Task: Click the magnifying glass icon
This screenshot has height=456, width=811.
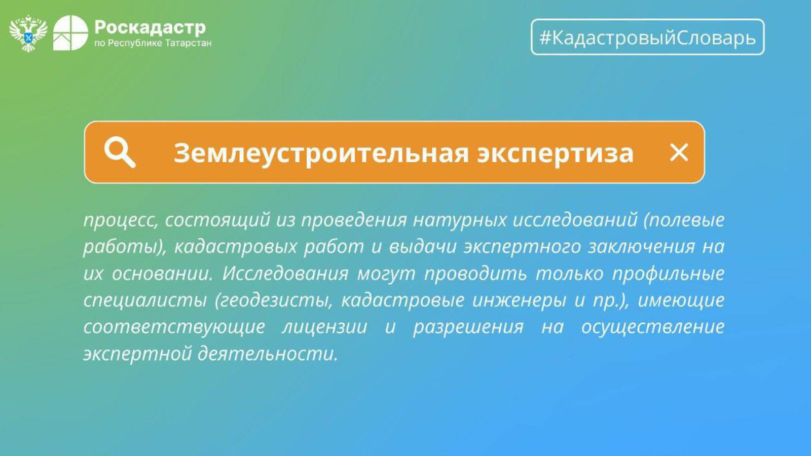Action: pyautogui.click(x=120, y=153)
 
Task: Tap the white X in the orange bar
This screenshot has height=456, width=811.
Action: pyautogui.click(x=679, y=153)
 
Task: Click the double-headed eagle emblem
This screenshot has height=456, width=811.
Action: pyautogui.click(x=28, y=33)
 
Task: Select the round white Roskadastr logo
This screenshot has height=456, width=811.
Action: pyautogui.click(x=70, y=33)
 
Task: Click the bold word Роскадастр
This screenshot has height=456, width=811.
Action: pyautogui.click(x=150, y=27)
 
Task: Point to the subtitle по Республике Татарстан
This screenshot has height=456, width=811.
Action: pyautogui.click(x=153, y=44)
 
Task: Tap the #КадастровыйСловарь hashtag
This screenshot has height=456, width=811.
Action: pyautogui.click(x=648, y=37)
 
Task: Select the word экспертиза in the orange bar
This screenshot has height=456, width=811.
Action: pyautogui.click(x=556, y=154)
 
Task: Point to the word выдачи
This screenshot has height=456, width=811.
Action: pyautogui.click(x=423, y=247)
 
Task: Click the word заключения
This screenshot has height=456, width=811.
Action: pyautogui.click(x=641, y=247)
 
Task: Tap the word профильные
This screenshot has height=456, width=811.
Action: pyautogui.click(x=668, y=274)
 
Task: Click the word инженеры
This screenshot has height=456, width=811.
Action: pyautogui.click(x=519, y=300)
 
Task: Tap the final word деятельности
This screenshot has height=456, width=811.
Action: pyautogui.click(x=268, y=354)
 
